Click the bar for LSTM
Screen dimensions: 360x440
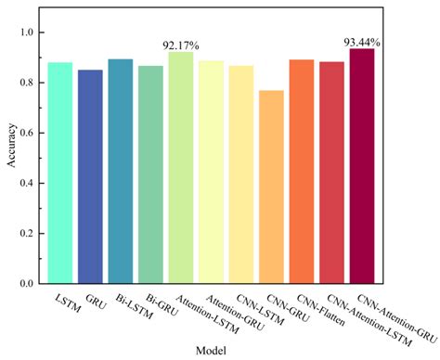point(60,172)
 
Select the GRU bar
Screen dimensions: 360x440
point(90,175)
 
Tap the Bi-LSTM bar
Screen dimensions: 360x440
point(121,170)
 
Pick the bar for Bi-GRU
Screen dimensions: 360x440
point(150,174)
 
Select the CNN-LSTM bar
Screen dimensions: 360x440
point(241,174)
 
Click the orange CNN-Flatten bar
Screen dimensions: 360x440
point(302,171)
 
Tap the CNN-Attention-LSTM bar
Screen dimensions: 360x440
point(331,172)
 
